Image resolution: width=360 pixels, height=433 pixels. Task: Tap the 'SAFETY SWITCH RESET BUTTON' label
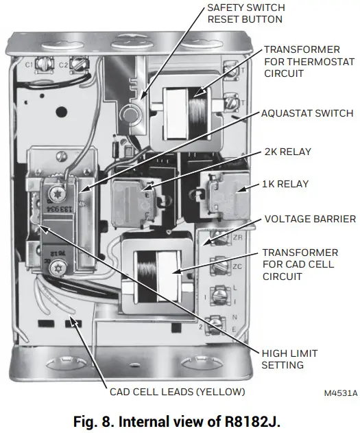click(x=245, y=13)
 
